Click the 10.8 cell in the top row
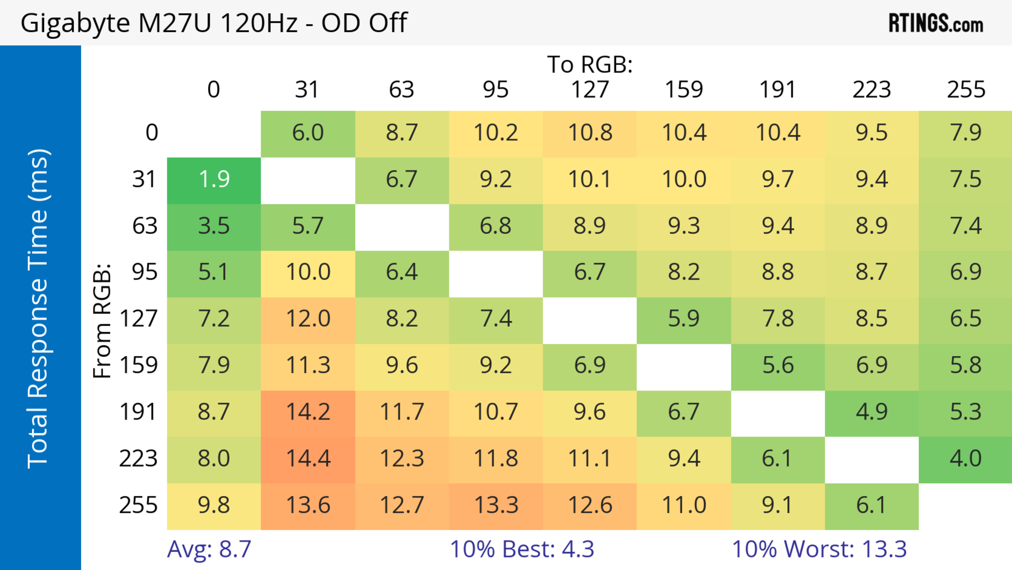pos(590,133)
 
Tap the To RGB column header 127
pos(590,90)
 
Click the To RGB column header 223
pos(871,90)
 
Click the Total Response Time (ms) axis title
pos(38,309)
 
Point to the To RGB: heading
pos(590,64)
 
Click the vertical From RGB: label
pos(102,321)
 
